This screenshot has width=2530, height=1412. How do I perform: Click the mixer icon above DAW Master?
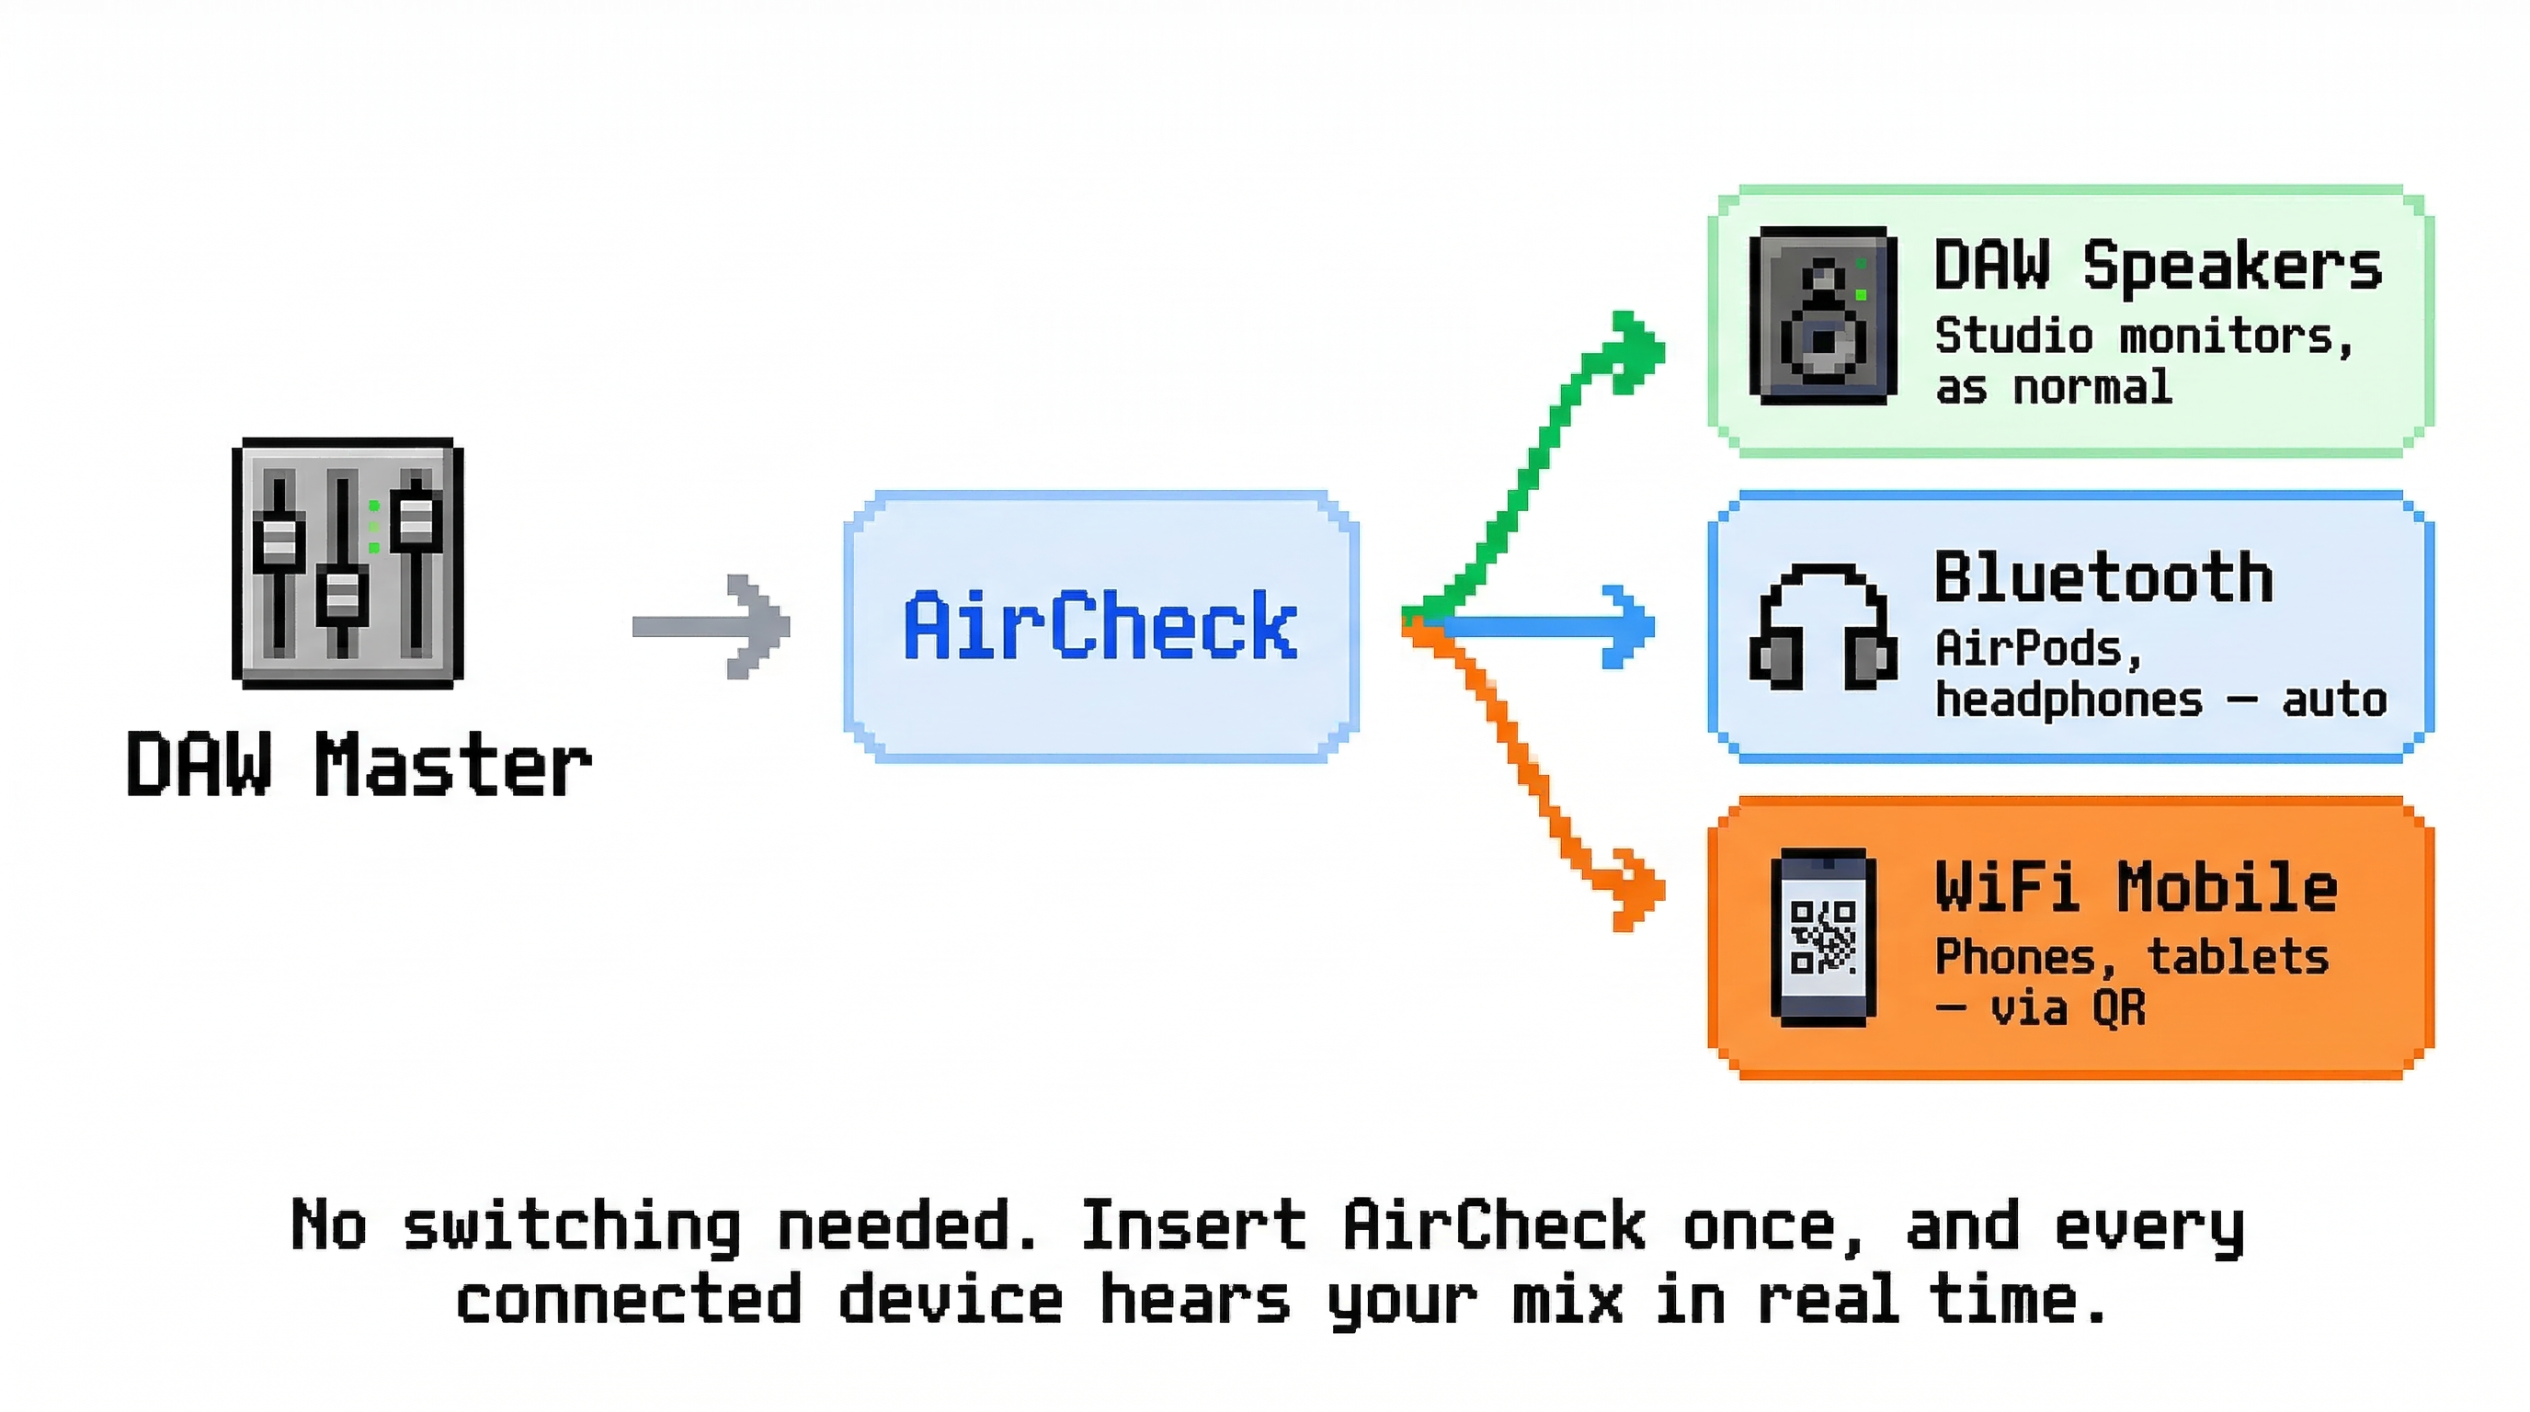coord(348,563)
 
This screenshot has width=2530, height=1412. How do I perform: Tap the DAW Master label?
coord(359,765)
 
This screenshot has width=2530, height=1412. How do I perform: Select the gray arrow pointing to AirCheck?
coord(713,626)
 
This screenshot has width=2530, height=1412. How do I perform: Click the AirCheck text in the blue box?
coord(1100,625)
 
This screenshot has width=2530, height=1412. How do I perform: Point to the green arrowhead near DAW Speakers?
coord(1636,350)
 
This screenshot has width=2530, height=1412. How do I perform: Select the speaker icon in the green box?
coord(1823,316)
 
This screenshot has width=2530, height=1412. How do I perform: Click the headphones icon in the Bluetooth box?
coord(1823,626)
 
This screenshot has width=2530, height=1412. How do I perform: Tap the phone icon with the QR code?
coord(1823,937)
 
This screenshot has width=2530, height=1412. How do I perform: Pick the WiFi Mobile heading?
coord(2136,888)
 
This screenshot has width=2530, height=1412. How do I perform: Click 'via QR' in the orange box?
coord(2068,1008)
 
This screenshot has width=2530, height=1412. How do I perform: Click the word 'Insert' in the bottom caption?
coord(1192,1225)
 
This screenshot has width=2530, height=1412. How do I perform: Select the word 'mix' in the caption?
coord(1567,1300)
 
